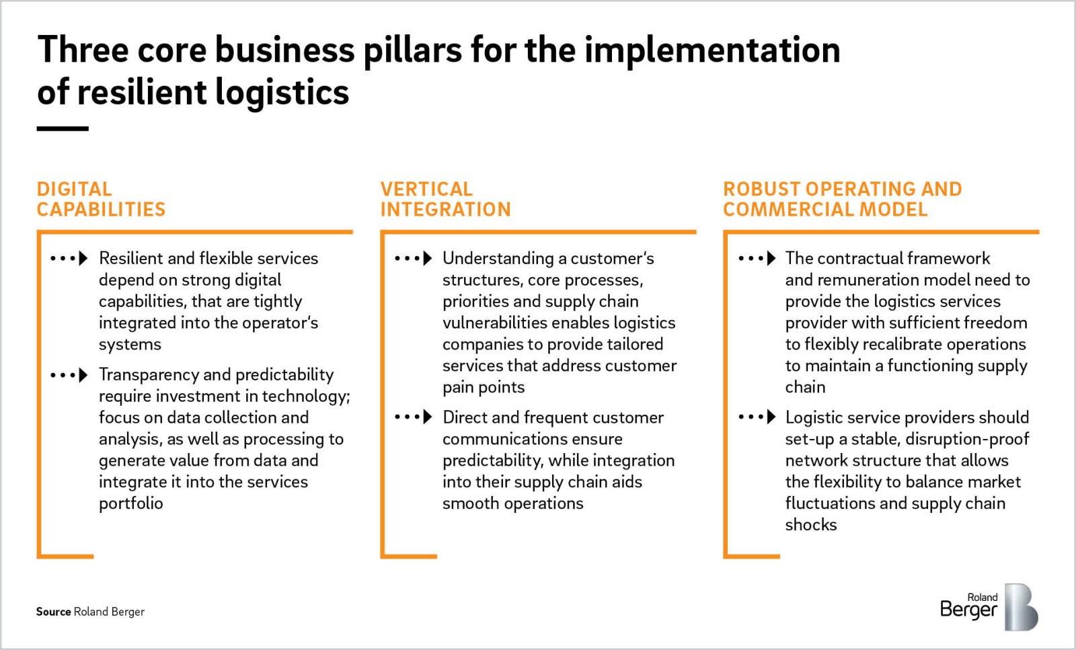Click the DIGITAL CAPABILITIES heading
[101, 199]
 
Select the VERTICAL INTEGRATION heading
[445, 199]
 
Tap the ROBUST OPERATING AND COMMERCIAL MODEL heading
[842, 199]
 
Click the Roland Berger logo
[989, 606]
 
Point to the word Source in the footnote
[53, 612]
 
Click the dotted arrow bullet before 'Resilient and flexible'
[69, 258]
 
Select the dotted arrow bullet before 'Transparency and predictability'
[69, 374]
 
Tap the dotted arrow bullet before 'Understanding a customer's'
[413, 258]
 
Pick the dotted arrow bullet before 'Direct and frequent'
[413, 417]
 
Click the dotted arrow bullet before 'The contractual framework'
[757, 258]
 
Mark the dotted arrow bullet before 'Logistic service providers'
[757, 417]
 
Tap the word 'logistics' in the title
[282, 93]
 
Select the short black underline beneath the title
[63, 128]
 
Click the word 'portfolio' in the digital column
[131, 503]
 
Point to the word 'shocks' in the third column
[811, 525]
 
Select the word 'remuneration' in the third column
[868, 280]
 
